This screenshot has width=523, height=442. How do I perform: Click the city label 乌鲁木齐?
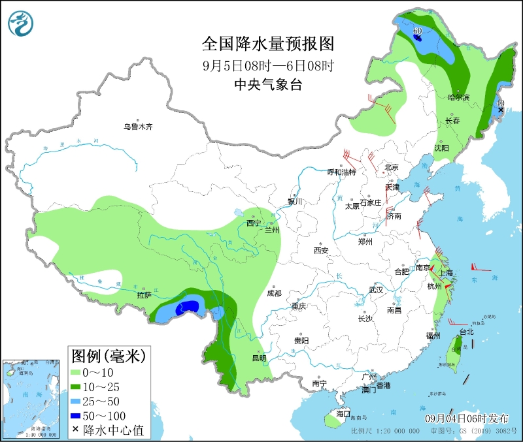pos(139,127)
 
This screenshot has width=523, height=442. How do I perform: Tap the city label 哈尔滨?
pos(459,97)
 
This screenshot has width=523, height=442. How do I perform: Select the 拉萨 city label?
pos(144,295)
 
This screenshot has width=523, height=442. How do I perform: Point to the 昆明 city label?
pos(258,358)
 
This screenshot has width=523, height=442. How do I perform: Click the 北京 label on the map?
pos(392,167)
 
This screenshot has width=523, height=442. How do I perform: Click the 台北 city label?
pos(467,332)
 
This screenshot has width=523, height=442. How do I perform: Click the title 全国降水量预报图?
pos(268,44)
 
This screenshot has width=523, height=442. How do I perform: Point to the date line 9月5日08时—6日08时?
pos(268,65)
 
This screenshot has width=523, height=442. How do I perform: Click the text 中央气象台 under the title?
pos(268,85)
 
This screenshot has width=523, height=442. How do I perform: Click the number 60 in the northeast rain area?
pos(418,31)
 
